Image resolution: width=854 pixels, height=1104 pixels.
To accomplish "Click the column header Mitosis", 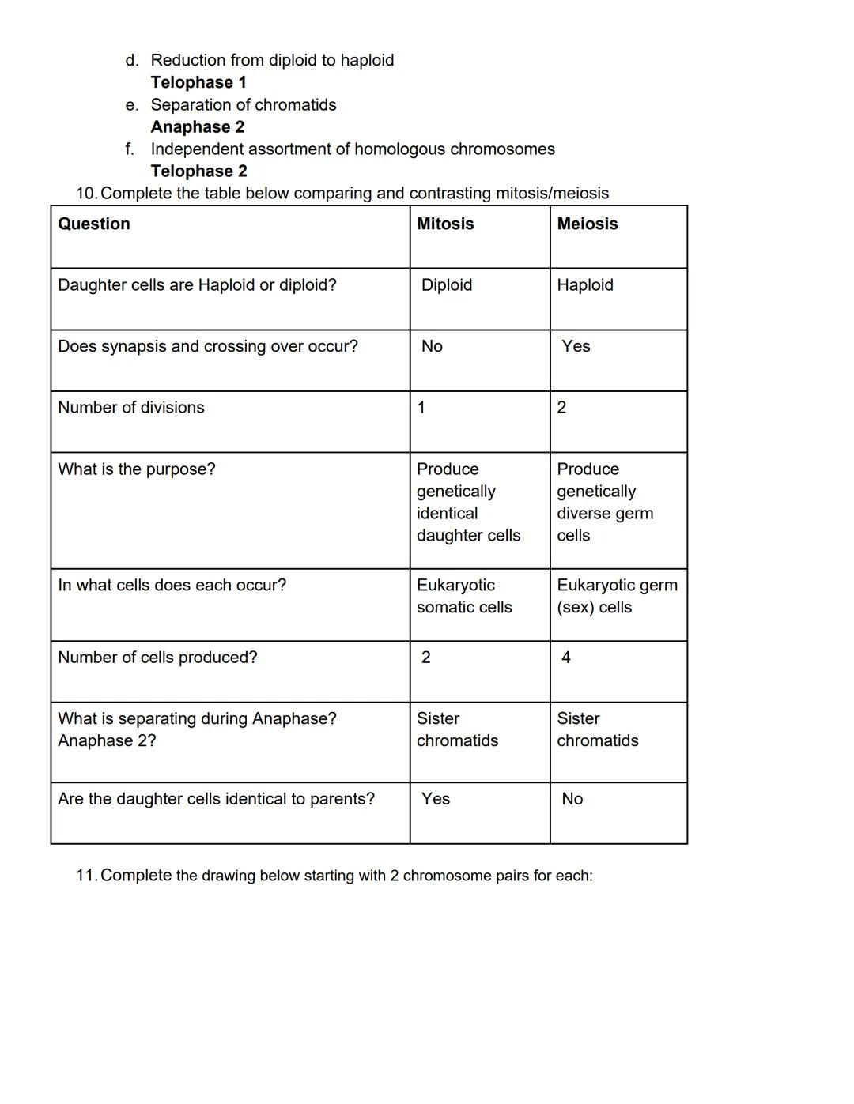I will (445, 224).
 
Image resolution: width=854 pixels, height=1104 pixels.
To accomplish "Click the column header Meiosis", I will (587, 224).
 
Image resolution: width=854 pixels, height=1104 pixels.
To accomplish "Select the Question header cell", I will (94, 224).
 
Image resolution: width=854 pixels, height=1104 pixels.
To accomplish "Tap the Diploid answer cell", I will (447, 285).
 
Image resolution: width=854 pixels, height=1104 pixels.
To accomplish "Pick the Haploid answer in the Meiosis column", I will (585, 285).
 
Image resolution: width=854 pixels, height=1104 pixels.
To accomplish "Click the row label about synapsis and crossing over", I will (208, 346).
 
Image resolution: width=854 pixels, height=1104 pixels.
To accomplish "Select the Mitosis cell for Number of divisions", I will (421, 408).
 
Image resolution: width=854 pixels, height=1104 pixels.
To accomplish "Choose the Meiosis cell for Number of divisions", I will (561, 408).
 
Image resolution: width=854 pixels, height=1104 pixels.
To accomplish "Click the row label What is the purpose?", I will (137, 469).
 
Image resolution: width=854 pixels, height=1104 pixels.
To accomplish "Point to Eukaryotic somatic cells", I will (464, 597).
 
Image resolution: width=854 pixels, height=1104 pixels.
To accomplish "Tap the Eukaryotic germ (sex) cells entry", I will (617, 597).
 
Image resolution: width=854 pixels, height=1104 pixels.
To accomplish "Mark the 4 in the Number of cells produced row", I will (566, 658).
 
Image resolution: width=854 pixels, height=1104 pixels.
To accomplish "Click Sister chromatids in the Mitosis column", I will (457, 729).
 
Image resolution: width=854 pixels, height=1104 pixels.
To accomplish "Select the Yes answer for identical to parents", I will (436, 799).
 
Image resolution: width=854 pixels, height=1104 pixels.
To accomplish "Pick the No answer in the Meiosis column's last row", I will (572, 799).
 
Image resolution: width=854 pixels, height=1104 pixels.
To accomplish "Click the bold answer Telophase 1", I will (198, 82).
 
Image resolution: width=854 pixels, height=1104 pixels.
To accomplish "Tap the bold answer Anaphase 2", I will (198, 127).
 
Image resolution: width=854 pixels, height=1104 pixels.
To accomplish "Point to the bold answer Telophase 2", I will (199, 171).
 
